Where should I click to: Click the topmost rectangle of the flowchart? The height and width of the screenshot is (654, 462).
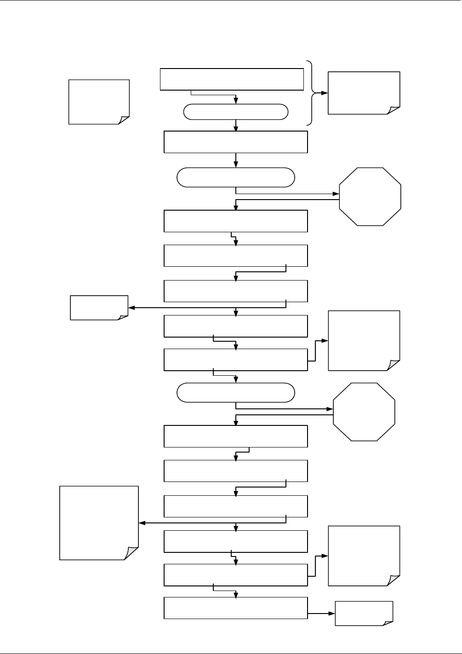(x=232, y=80)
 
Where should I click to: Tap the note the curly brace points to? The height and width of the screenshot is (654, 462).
(x=364, y=93)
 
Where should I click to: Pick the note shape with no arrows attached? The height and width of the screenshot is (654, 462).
(x=99, y=102)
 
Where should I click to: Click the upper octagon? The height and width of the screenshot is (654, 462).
(x=370, y=196)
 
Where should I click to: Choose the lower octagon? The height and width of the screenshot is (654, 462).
(x=364, y=412)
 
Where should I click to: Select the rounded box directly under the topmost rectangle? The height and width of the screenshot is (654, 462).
(x=236, y=112)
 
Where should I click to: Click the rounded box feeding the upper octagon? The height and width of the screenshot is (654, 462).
(x=236, y=177)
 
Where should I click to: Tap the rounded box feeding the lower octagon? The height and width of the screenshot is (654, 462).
(x=236, y=392)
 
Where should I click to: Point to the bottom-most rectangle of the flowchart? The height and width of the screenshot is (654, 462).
(x=236, y=608)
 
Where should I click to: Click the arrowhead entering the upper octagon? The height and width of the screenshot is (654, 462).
(x=336, y=194)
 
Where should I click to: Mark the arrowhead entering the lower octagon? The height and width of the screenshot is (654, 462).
(x=330, y=409)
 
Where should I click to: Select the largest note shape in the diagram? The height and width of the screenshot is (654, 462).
(x=99, y=523)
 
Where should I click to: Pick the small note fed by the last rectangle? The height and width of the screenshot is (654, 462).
(x=364, y=614)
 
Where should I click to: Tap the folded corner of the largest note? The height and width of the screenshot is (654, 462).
(x=131, y=553)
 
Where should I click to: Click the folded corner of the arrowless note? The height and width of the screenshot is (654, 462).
(x=124, y=119)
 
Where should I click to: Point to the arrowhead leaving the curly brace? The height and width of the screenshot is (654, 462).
(x=325, y=93)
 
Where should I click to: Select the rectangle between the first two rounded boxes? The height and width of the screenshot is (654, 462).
(x=236, y=142)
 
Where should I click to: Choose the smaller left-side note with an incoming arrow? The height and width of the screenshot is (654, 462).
(x=99, y=308)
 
